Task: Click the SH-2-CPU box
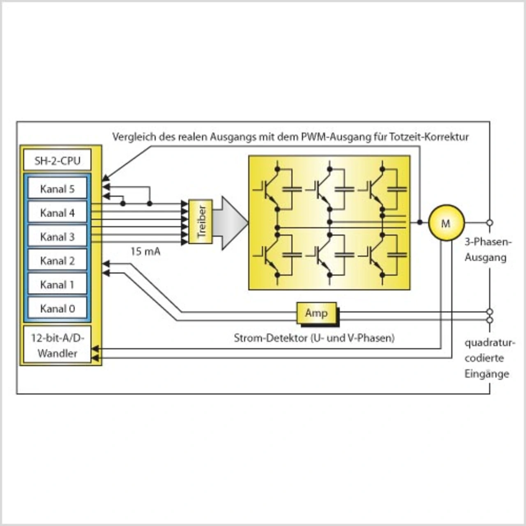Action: coord(57,160)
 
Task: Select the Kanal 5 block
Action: coord(57,189)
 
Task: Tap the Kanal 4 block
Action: coord(57,212)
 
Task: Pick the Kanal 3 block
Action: coord(57,236)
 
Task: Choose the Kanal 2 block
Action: coord(57,260)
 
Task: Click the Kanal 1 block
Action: coord(57,284)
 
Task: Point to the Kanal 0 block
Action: coord(57,308)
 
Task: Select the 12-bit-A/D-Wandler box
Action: coord(57,345)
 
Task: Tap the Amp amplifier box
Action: coord(316,313)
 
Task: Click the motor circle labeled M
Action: coord(446,223)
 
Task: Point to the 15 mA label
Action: coord(145,251)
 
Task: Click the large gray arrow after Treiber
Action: coord(230,222)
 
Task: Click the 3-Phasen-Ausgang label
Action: coord(487,249)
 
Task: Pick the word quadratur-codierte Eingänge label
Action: coord(489,358)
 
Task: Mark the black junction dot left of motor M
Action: coord(420,222)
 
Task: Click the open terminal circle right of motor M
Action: coord(489,222)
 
